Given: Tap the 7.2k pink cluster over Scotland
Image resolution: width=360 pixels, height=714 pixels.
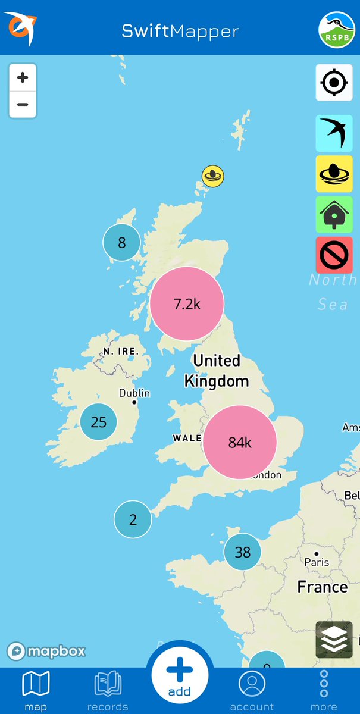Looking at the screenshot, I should click(x=187, y=303).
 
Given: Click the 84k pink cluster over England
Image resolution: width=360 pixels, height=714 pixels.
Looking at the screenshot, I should click(x=240, y=442).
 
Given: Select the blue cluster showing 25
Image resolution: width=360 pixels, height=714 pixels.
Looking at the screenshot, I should click(x=98, y=422).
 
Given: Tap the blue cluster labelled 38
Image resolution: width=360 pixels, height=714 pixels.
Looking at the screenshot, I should click(x=242, y=552).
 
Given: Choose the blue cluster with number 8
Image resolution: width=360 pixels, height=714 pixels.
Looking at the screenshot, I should click(x=121, y=242).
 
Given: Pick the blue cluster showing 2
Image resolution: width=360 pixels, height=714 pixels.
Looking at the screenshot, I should click(x=133, y=519).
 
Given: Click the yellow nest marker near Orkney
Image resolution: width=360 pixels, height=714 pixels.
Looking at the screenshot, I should click(x=212, y=176).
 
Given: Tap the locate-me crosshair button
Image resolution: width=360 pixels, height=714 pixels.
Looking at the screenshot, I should click(x=334, y=82).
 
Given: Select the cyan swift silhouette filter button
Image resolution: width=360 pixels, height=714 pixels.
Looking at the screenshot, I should click(x=334, y=133).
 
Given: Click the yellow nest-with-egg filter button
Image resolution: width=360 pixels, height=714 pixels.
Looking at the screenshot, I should click(x=334, y=174).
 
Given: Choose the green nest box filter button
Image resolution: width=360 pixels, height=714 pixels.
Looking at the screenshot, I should click(x=334, y=214).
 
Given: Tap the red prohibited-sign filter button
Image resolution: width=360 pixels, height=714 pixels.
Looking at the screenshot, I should click(x=334, y=255).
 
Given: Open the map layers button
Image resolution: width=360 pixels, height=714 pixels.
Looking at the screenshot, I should click(x=334, y=640).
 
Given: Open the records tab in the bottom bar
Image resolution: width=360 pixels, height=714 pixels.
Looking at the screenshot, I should click(x=108, y=690).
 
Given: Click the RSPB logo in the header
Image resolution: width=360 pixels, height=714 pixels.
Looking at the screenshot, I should click(x=337, y=29).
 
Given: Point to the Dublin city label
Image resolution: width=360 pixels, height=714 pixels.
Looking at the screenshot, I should click(x=134, y=393).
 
